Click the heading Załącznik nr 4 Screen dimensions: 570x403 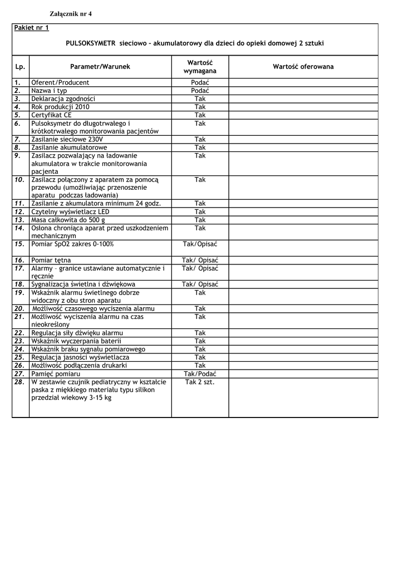[x=67, y=14]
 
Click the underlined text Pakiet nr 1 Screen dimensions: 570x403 [x=32, y=27]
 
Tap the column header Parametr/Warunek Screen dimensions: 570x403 [x=100, y=67]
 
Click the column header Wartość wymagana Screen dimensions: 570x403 [x=200, y=67]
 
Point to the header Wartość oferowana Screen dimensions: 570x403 [x=303, y=67]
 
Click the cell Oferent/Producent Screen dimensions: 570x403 [x=60, y=82]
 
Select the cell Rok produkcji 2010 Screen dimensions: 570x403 [x=60, y=107]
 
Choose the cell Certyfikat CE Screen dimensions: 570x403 [x=52, y=115]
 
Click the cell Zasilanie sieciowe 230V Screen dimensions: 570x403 [x=67, y=140]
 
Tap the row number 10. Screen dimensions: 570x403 [x=19, y=180]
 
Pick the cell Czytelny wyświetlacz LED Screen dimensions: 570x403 [x=70, y=212]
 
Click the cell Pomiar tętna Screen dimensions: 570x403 [x=51, y=260]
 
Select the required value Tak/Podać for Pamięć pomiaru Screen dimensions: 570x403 [x=200, y=374]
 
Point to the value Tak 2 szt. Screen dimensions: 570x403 [x=200, y=382]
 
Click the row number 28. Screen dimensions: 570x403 [x=19, y=382]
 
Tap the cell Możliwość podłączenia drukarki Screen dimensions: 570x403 [x=79, y=366]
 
